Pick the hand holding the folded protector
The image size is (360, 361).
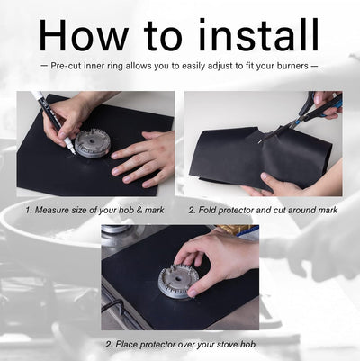point(270,184)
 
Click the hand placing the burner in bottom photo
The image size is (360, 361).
point(220,259)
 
